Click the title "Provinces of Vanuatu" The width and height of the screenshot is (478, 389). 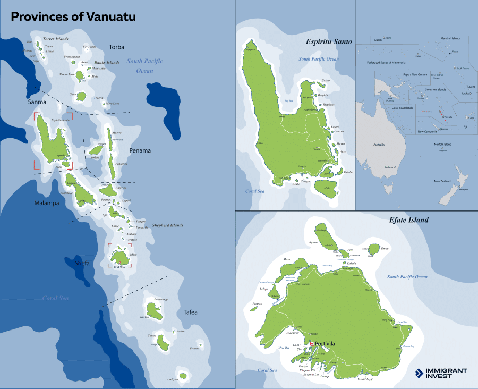[73, 16]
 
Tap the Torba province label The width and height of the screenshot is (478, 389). [116, 47]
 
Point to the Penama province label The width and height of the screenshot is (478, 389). [140, 150]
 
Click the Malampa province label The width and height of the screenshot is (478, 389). [47, 202]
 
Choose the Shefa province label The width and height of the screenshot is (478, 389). [82, 263]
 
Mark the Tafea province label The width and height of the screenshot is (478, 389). [190, 312]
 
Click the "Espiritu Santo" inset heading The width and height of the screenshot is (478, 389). [329, 42]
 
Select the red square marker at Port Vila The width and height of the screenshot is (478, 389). [312, 343]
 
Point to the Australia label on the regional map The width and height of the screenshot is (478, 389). [379, 145]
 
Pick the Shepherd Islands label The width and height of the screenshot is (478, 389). [167, 225]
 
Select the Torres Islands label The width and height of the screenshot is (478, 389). [55, 39]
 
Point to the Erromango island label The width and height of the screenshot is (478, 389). [161, 300]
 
